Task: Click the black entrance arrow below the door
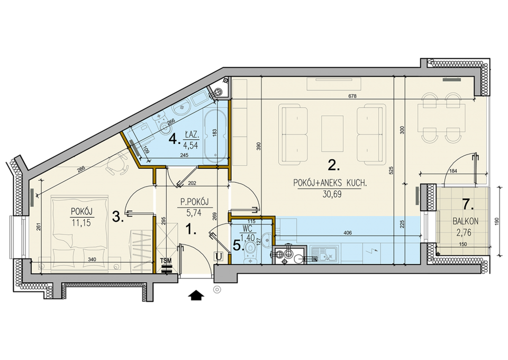point(196,295)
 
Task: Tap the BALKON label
point(465,222)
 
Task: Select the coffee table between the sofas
point(332,133)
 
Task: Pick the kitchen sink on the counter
point(324,254)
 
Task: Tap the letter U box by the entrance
point(219,257)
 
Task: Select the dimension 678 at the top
point(352,96)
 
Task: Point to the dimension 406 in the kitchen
point(347,232)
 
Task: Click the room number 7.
point(467,205)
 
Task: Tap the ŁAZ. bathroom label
point(192,134)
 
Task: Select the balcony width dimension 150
point(464,244)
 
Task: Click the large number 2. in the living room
point(334,166)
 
